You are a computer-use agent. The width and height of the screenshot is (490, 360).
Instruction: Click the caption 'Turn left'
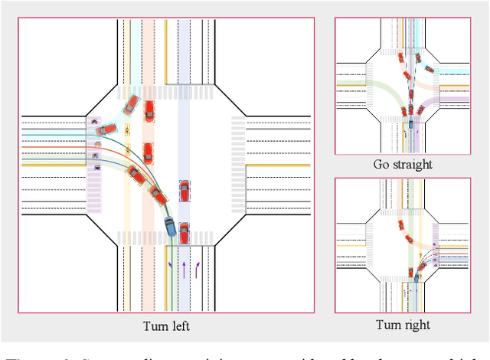[166, 326]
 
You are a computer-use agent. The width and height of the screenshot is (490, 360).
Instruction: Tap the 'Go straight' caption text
[403, 164]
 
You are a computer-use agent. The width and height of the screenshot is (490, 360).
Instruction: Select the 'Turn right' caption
[403, 325]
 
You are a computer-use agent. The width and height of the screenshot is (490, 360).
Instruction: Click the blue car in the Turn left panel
[170, 227]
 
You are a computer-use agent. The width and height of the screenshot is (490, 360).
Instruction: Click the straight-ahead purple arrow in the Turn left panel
[184, 269]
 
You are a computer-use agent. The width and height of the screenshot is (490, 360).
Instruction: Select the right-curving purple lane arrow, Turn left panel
[198, 269]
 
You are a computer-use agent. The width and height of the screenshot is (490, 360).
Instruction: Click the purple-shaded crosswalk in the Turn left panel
[94, 164]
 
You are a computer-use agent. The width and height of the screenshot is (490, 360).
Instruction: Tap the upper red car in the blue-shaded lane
[185, 189]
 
